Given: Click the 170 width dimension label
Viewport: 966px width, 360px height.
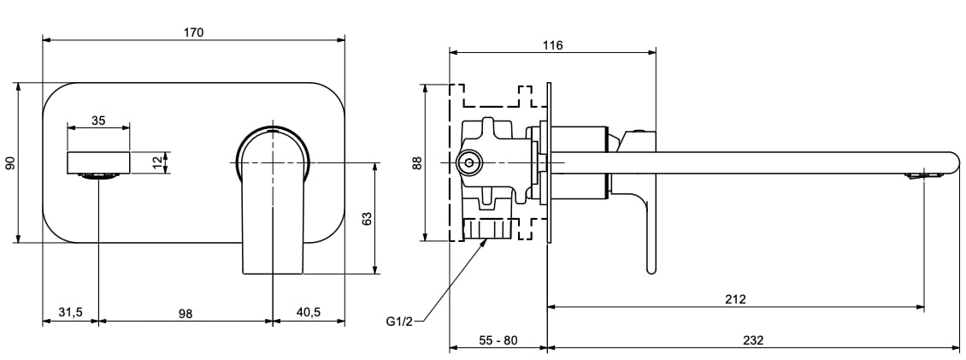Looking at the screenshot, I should (x=194, y=32).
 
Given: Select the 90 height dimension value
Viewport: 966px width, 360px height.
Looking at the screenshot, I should (x=11, y=162).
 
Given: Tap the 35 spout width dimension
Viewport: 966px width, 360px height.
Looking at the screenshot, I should (x=98, y=121).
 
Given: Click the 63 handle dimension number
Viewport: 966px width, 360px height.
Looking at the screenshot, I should (x=367, y=219).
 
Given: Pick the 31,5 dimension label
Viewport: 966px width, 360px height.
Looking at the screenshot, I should (x=70, y=313).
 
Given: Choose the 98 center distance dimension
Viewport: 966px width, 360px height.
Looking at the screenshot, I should (x=186, y=313).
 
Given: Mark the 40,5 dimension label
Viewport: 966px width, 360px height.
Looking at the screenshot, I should (x=308, y=313).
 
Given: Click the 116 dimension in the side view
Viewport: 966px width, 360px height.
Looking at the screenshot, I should (x=552, y=45).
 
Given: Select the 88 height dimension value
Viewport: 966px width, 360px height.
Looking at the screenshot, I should (x=418, y=162).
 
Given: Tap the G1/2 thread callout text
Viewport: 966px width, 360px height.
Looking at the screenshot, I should (x=399, y=322).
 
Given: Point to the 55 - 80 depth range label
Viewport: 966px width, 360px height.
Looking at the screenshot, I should (x=498, y=339).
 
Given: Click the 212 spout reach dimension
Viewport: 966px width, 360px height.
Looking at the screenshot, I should (x=735, y=299).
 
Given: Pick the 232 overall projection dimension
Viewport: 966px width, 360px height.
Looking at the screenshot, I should (x=752, y=339).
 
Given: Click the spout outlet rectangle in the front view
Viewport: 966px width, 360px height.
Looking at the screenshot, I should (x=99, y=162).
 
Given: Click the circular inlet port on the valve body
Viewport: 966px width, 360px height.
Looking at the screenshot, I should (x=468, y=162).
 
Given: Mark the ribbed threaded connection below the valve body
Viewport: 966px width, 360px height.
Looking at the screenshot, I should (x=487, y=228).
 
